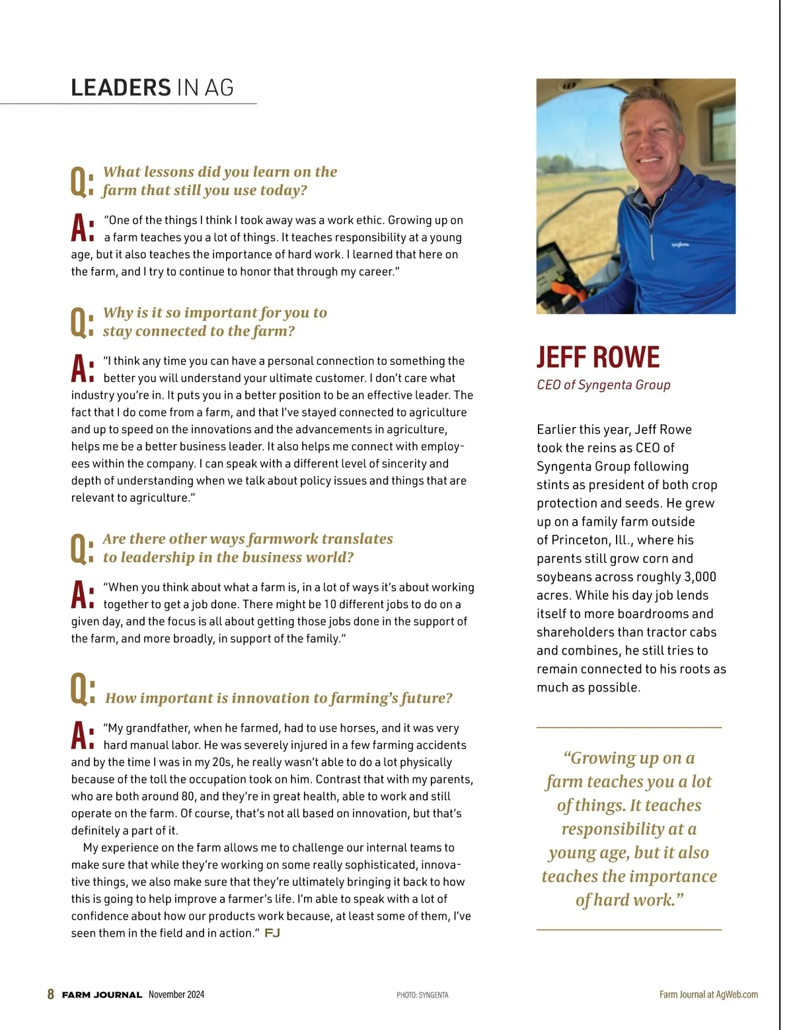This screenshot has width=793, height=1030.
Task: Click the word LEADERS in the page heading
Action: click(121, 88)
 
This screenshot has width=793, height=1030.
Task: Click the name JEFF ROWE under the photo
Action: click(597, 357)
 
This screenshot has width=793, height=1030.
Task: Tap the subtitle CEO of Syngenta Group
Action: click(603, 385)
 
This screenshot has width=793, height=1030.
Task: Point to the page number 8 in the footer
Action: click(51, 994)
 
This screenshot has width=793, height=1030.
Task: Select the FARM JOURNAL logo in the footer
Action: click(102, 995)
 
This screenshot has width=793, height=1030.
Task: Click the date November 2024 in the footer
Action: click(176, 994)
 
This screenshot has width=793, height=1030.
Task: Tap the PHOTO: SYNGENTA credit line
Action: click(422, 995)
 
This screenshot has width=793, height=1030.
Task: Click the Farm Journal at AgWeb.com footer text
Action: click(708, 994)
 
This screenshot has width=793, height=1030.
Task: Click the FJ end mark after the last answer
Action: click(272, 933)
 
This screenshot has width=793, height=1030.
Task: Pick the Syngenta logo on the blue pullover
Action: click(680, 245)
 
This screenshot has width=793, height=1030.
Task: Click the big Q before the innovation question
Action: click(82, 690)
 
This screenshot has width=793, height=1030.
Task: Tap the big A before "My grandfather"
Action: click(82, 735)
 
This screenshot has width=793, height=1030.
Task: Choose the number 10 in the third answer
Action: click(330, 604)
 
